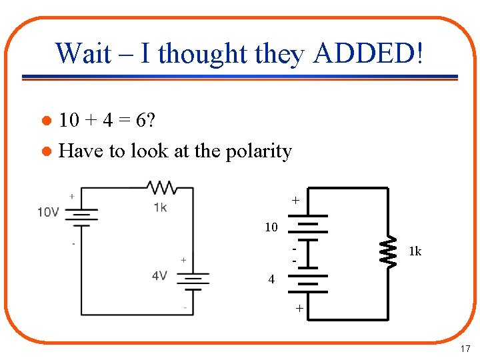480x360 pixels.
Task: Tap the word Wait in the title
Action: tap(83, 53)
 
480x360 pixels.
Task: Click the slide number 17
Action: tap(465, 349)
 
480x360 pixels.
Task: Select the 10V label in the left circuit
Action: tap(49, 213)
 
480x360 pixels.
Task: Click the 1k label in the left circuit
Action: tap(160, 207)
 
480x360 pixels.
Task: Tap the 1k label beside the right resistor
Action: tap(415, 251)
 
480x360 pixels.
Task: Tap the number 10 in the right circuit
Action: tap(271, 227)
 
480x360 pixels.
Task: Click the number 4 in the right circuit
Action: tap(271, 279)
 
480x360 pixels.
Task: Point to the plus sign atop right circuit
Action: tap(294, 200)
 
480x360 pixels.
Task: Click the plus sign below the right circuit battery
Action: tap(300, 309)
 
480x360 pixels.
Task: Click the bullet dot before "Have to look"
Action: tap(46, 152)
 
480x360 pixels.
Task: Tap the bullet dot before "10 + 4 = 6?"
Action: tap(46, 121)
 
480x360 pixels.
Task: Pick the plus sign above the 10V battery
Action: tap(71, 196)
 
